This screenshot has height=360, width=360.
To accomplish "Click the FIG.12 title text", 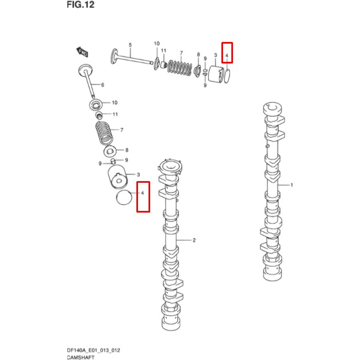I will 81,6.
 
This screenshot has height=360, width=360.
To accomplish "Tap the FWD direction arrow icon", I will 83,52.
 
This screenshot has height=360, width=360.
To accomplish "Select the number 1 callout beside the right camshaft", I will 292,185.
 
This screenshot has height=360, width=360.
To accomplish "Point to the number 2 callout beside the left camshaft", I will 194,241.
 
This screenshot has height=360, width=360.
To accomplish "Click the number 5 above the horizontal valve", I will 130,44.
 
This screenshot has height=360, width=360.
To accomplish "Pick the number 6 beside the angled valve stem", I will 102,84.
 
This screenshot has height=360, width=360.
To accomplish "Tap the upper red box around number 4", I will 227,52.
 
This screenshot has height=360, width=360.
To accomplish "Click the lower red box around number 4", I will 143,196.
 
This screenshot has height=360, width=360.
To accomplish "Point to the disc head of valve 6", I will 86,70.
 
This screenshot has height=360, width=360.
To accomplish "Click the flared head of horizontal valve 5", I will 114,56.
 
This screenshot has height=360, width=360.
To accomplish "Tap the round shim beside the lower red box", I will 124,198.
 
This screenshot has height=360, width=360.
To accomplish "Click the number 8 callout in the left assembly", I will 126,150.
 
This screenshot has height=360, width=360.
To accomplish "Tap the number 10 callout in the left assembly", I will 115,103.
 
